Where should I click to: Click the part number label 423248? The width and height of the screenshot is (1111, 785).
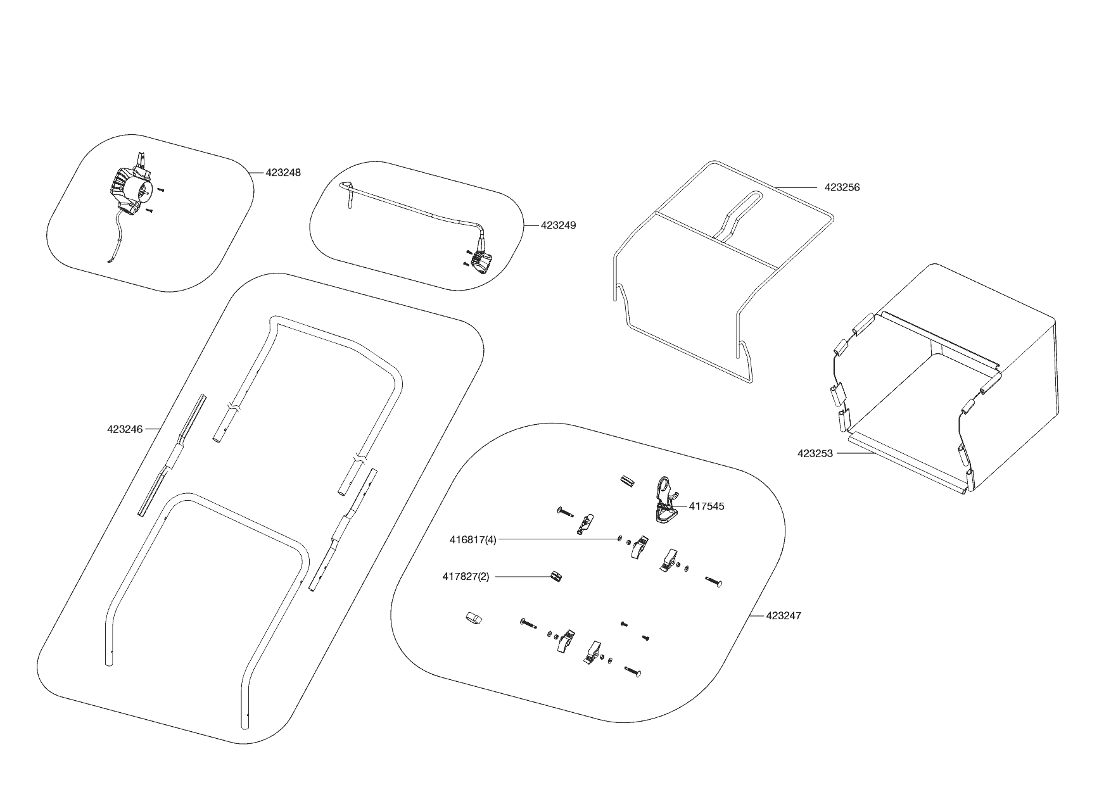(x=283, y=172)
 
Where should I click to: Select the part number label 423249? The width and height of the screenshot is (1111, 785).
(x=559, y=225)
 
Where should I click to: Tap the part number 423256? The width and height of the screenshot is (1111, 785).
(x=842, y=187)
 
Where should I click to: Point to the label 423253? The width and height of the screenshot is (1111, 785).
(x=815, y=453)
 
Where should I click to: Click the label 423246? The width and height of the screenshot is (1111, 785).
(x=125, y=429)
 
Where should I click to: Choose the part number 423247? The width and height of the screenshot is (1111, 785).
(x=784, y=615)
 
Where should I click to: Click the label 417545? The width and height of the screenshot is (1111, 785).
(x=706, y=506)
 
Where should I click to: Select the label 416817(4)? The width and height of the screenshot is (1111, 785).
(x=473, y=540)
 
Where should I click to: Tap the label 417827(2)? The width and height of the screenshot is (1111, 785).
(x=466, y=577)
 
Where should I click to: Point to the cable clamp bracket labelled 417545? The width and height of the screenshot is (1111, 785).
(x=664, y=500)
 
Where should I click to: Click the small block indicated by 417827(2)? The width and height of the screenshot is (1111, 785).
(x=555, y=576)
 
